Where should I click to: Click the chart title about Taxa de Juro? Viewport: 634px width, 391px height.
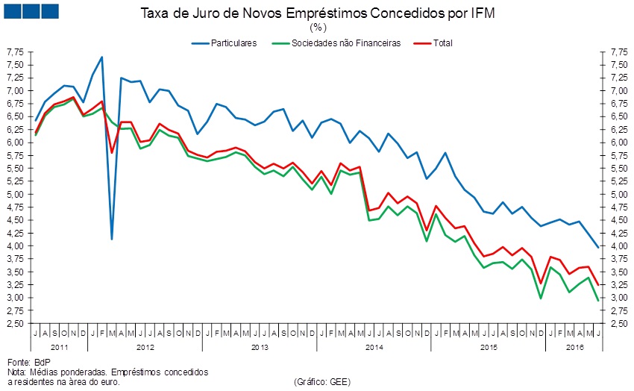coord(317,13)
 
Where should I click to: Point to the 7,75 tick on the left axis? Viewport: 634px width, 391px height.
coord(15,52)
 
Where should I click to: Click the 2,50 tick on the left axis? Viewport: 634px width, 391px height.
coord(15,324)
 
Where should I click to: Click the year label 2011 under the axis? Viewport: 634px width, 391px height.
coord(60,347)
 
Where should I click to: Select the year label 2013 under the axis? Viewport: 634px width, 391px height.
coord(260,347)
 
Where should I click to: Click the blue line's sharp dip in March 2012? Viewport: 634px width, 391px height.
coord(111,239)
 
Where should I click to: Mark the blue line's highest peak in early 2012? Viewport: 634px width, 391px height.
coord(101,57)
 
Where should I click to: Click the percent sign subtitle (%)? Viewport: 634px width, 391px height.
coord(317,28)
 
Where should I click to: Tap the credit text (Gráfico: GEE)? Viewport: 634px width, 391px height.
coord(322,381)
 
